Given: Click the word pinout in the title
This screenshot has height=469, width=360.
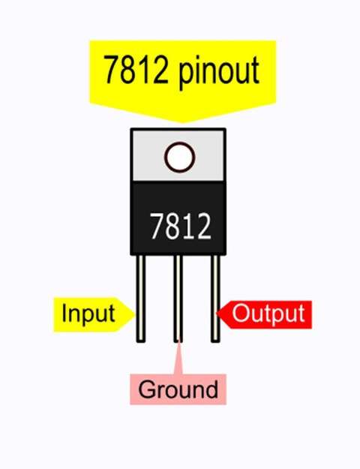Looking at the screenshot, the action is point(219,72).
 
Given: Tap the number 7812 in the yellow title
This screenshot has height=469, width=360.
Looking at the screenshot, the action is point(136,70).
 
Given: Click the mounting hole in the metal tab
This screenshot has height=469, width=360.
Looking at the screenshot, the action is point(179,158).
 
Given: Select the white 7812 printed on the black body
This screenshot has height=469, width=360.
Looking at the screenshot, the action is point(181,226).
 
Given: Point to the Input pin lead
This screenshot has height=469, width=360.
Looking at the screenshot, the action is point(141,299).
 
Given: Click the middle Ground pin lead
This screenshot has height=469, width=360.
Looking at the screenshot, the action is point(178,299).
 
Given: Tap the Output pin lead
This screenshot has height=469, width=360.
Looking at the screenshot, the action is point(215,299).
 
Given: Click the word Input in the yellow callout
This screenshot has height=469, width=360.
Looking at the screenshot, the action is point(88,314).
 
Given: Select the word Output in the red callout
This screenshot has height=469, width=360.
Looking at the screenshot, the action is point(268,314).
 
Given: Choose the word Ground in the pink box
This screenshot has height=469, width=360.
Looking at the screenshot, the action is point(178,389).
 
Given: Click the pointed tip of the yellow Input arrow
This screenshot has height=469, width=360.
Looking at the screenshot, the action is point(135,314).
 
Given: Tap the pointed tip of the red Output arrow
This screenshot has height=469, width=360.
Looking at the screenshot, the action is point(217,314).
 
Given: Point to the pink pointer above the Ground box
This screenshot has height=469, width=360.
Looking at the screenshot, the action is point(178,357).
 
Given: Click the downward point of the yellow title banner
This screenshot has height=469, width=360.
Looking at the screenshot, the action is point(183,122).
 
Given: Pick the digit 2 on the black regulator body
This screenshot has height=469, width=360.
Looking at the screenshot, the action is point(204,226).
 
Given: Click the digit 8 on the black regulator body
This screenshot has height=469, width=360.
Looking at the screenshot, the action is point(172,226).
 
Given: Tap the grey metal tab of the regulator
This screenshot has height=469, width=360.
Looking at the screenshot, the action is point(178,155).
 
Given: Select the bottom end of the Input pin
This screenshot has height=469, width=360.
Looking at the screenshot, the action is point(141,341).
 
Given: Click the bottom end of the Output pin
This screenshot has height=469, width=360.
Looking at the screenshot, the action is point(215,341).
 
